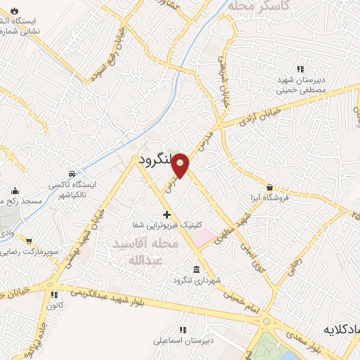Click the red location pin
pyautogui.click(x=181, y=165)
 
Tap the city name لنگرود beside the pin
pyautogui.click(x=155, y=160)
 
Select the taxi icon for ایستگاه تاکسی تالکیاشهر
pyautogui.click(x=72, y=174)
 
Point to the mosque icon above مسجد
pyautogui.click(x=15, y=191)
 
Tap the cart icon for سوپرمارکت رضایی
pyautogui.click(x=29, y=241)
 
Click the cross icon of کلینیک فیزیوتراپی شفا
pyautogui.click(x=167, y=214)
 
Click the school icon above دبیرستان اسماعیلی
pyautogui.click(x=184, y=330)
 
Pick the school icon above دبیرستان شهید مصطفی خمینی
pyautogui.click(x=300, y=69)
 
